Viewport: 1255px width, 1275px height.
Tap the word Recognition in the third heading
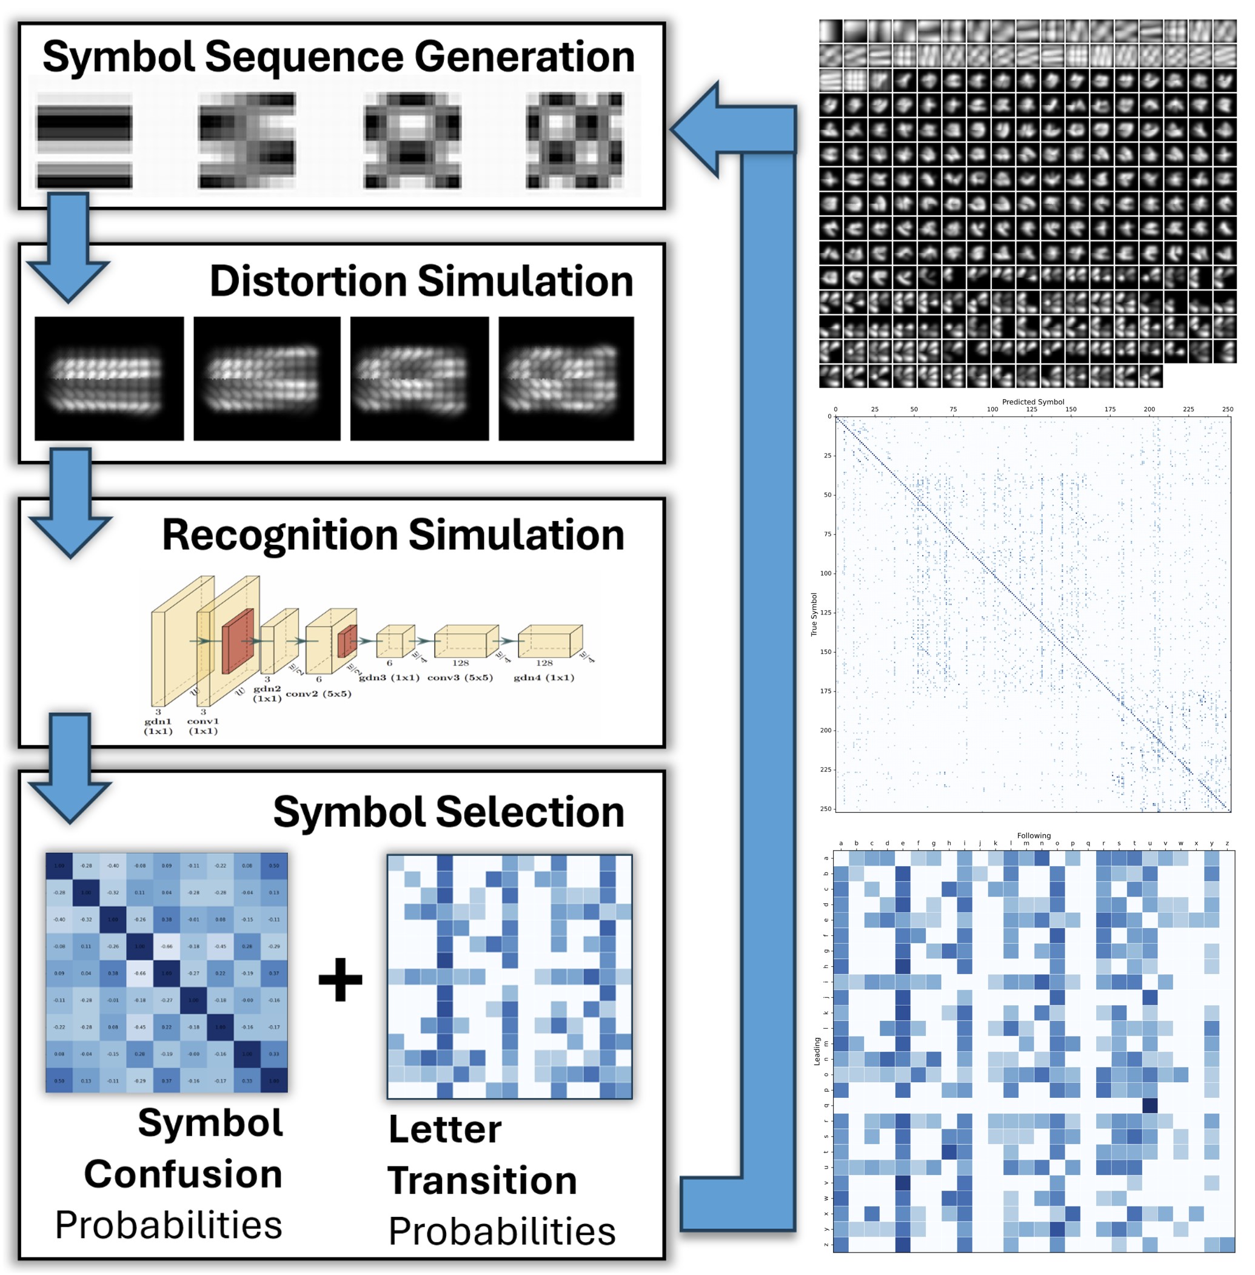point(279,535)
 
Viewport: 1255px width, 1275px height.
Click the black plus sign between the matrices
point(340,979)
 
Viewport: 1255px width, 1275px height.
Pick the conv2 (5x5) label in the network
point(318,693)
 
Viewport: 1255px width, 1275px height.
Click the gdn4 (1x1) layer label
point(544,678)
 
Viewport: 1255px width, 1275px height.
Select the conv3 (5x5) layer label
point(460,678)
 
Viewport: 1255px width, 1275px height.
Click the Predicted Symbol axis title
point(1032,402)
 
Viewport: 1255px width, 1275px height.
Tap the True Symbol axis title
point(814,614)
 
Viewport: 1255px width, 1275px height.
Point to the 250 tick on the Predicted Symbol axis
point(1227,409)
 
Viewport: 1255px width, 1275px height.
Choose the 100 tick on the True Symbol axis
point(826,573)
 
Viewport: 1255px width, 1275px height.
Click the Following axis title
point(1034,835)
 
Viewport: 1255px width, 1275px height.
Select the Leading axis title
point(817,1051)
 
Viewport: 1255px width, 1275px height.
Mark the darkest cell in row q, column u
point(1150,1106)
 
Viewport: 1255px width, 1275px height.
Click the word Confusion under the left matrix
point(183,1174)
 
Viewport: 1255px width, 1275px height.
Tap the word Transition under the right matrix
point(482,1180)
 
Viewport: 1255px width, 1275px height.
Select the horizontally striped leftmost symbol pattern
point(84,141)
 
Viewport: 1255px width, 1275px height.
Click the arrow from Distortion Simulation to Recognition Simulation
point(70,501)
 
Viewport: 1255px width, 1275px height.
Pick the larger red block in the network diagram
point(238,641)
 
